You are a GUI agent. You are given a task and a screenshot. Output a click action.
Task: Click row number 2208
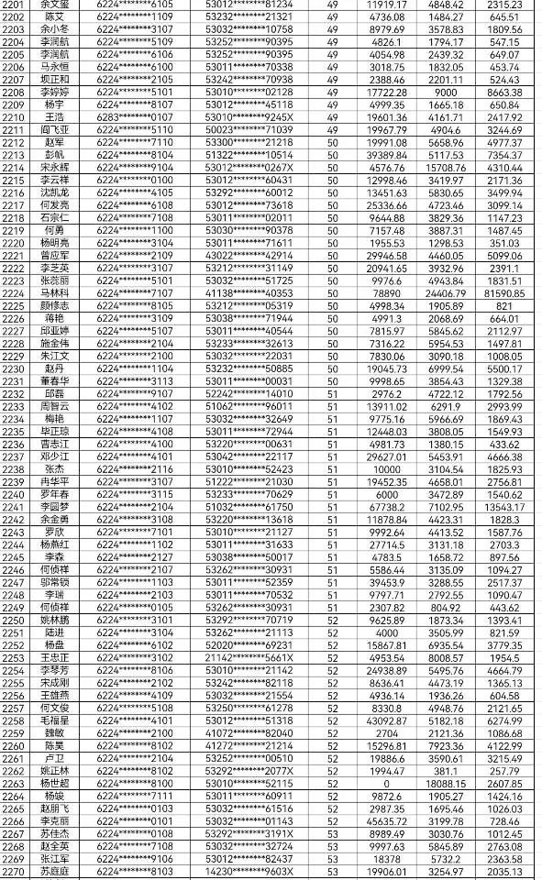14,93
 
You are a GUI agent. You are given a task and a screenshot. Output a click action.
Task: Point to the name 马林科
54,292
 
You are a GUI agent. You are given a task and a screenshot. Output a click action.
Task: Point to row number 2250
14,620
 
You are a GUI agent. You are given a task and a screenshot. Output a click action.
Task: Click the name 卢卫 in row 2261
54,759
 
